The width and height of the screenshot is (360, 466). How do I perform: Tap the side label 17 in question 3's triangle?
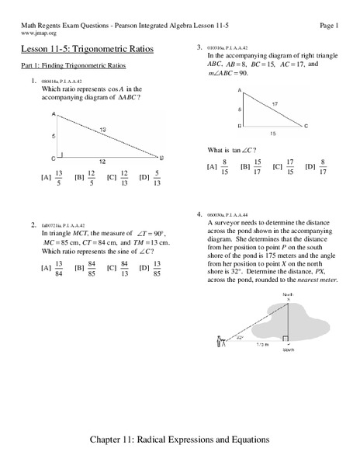(274, 103)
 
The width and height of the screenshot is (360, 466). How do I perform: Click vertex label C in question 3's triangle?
(306, 126)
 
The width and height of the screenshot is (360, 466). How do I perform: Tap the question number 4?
(199, 213)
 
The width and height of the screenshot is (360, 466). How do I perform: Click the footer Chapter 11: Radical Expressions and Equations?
(180, 440)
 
